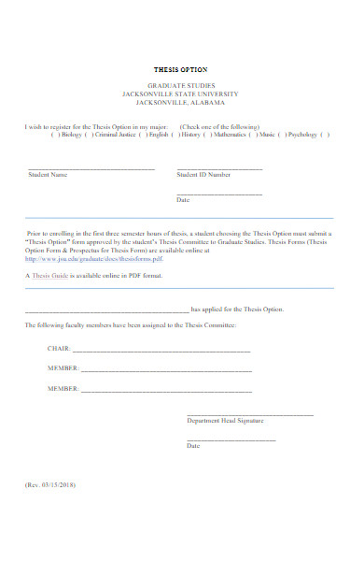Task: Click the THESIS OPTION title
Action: (181, 70)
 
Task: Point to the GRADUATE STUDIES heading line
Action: (181, 86)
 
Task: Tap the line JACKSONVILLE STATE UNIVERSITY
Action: (181, 94)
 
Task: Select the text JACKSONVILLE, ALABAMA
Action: (181, 103)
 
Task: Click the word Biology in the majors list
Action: (71, 135)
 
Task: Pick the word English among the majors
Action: (158, 135)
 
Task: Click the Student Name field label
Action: (48, 175)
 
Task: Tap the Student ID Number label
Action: (203, 175)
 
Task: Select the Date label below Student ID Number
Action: (183, 200)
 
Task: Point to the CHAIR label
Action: (58, 348)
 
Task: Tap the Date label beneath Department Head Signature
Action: (193, 446)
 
